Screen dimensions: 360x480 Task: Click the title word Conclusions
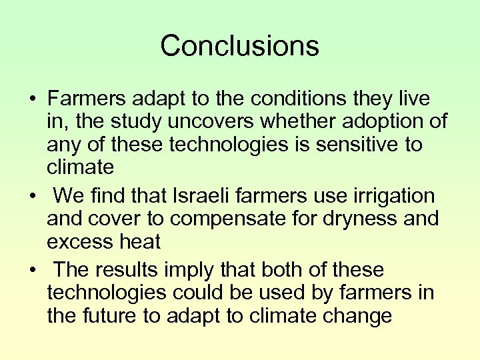pos(239,46)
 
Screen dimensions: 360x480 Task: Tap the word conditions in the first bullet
pos(299,99)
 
